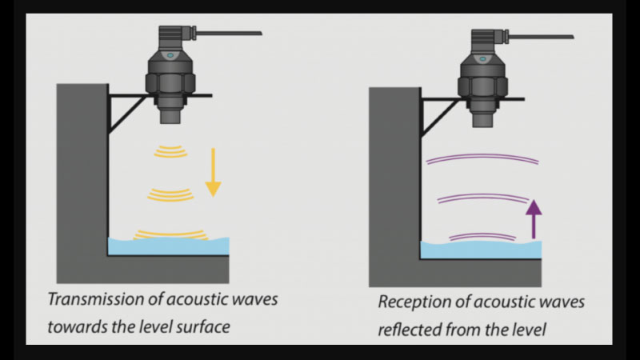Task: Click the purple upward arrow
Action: point(534,219)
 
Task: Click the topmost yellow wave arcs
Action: point(170,150)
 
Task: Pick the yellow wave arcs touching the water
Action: point(170,234)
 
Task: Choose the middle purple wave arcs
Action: point(482,198)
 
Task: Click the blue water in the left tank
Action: point(169,246)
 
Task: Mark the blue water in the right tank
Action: point(480,250)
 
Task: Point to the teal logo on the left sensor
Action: point(169,56)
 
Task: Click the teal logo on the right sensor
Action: point(482,58)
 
